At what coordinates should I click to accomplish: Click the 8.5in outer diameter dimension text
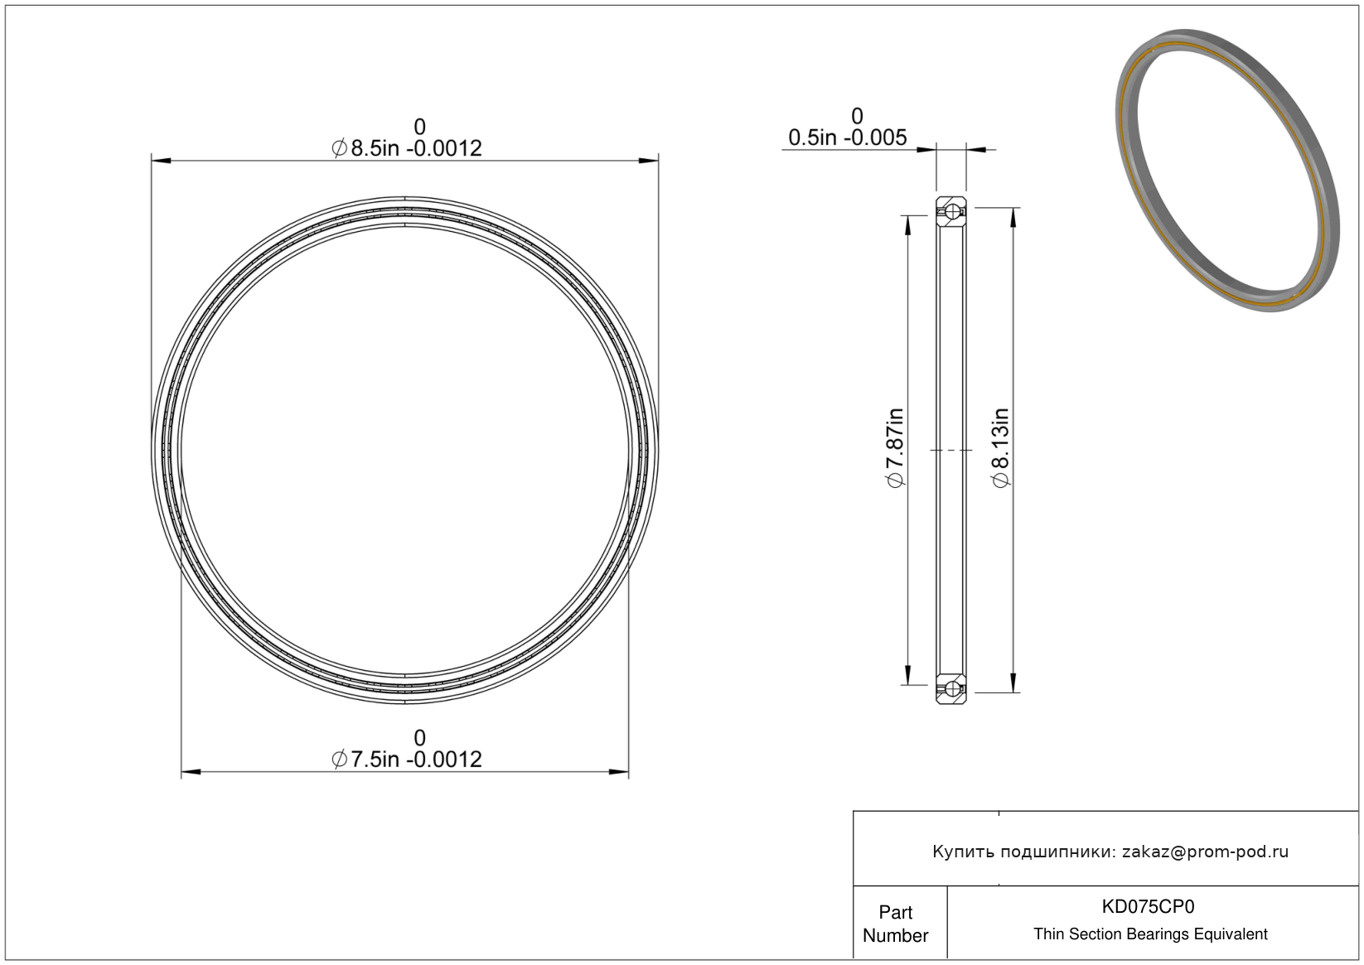click(x=407, y=148)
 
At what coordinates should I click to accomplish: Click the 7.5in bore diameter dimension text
click(x=407, y=760)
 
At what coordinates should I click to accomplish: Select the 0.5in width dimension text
click(x=848, y=138)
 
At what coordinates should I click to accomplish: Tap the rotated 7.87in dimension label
click(x=894, y=447)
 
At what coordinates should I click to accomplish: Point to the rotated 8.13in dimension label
click(x=1000, y=447)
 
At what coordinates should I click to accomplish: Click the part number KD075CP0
click(x=1148, y=906)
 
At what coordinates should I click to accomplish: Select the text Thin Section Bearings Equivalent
click(x=1150, y=934)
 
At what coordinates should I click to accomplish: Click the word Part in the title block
click(x=895, y=912)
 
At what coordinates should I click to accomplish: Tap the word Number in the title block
click(x=895, y=935)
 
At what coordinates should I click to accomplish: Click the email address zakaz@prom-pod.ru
click(x=1205, y=852)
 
